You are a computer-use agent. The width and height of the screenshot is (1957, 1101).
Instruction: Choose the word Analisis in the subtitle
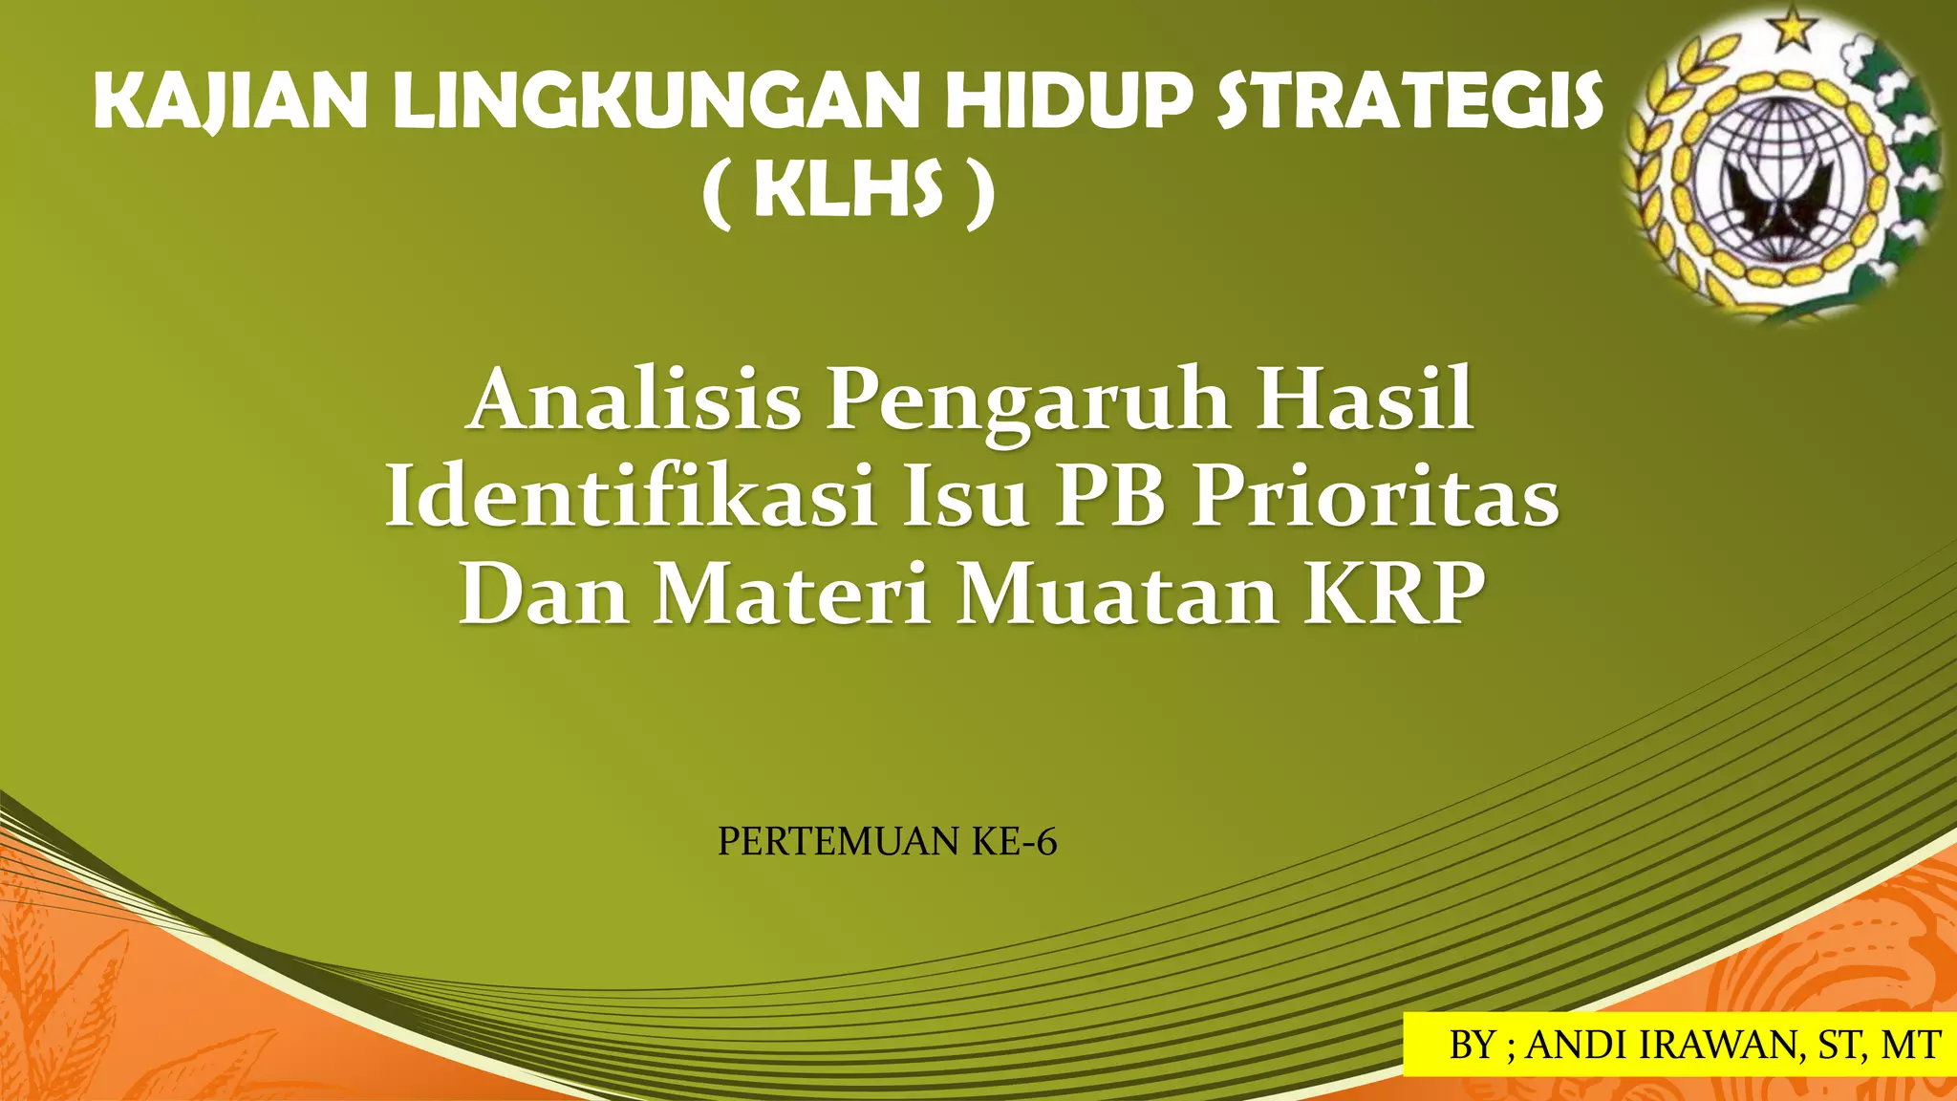[634, 399]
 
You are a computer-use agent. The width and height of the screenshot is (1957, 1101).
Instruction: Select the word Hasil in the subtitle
[1364, 399]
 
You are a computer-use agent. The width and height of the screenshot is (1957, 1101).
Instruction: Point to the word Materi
[792, 594]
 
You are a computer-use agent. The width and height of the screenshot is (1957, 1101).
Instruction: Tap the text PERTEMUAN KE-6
[887, 842]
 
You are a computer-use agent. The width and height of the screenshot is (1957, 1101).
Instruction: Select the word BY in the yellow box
[1473, 1045]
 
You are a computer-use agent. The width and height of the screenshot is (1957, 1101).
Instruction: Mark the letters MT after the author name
[1910, 1045]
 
